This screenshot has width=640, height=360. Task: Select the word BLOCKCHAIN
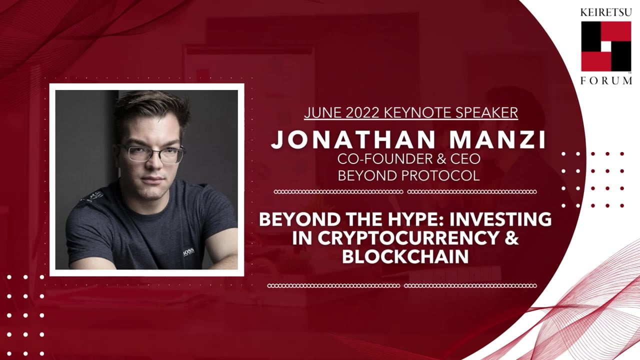(405, 256)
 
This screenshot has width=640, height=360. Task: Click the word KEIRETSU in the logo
(606, 12)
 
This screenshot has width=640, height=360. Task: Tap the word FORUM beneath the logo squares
(606, 80)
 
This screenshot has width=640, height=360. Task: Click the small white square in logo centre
(606, 46)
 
